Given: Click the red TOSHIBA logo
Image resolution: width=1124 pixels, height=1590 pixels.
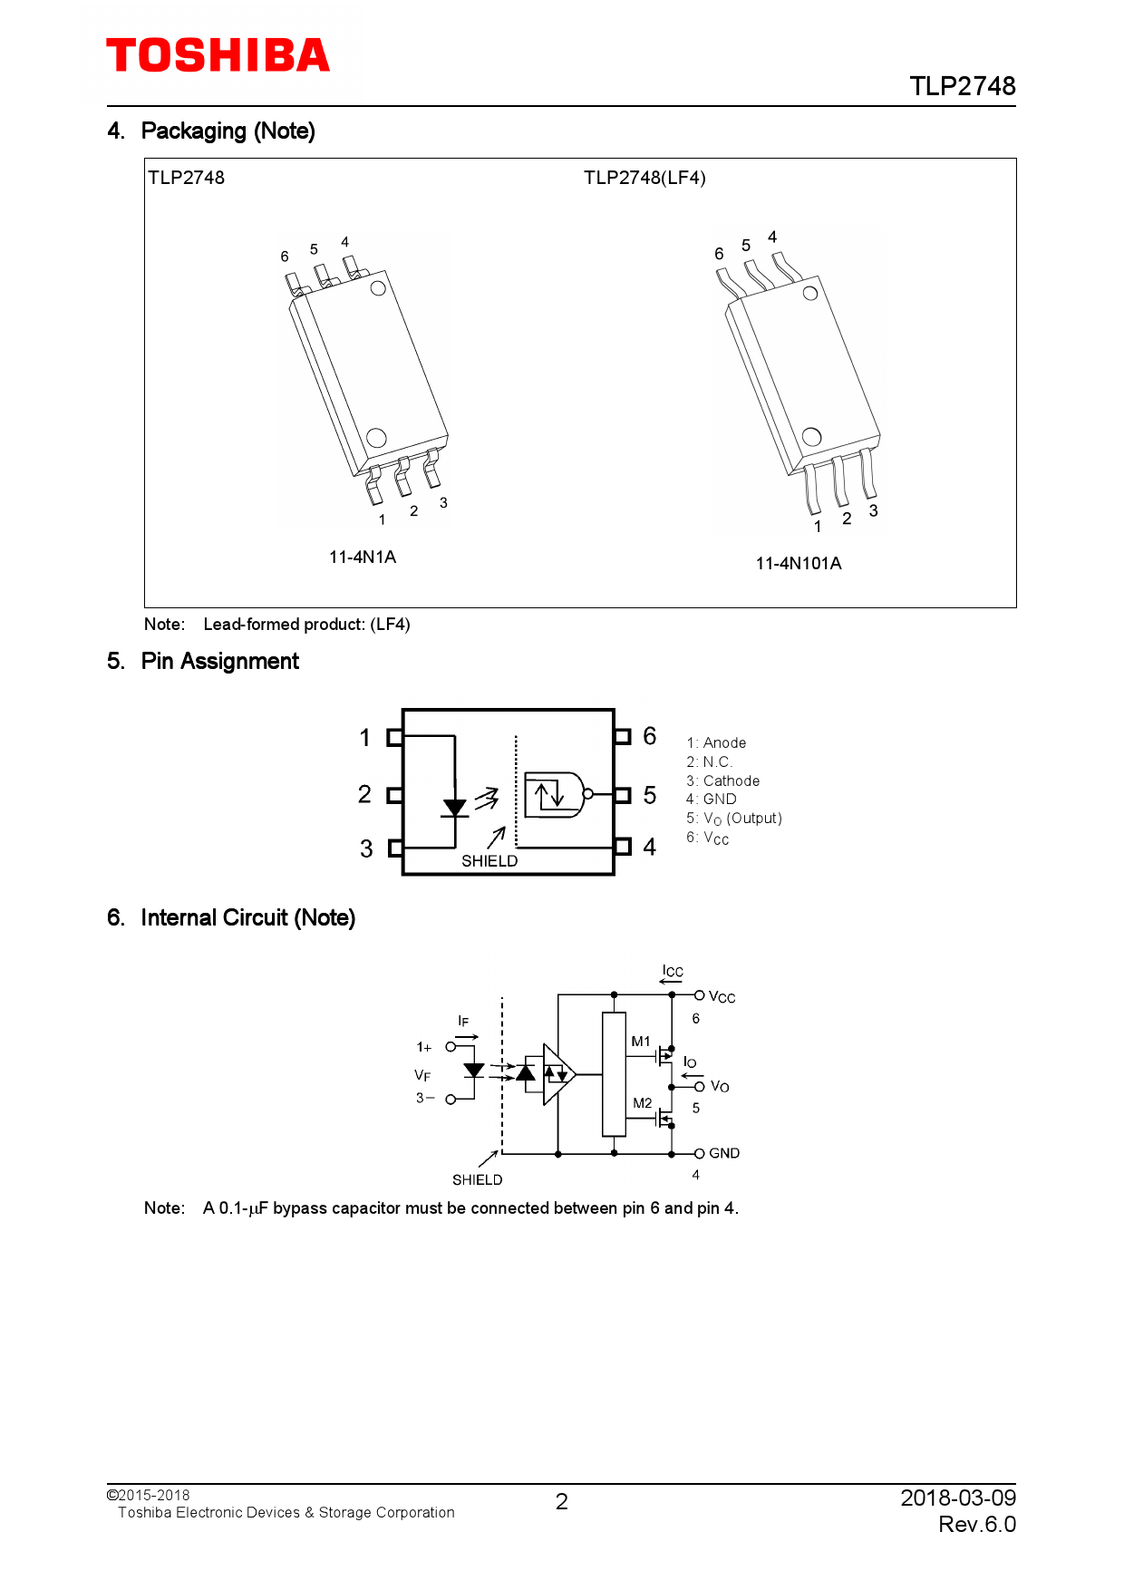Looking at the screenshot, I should (x=218, y=56).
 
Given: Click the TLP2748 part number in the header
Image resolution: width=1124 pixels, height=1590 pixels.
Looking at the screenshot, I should (x=962, y=86).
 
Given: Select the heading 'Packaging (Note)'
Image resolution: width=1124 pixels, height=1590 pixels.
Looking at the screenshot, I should (x=228, y=131).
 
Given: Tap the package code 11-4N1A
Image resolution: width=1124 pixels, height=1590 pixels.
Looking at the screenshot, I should (x=362, y=557).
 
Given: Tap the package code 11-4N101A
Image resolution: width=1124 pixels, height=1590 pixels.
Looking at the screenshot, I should (x=798, y=563).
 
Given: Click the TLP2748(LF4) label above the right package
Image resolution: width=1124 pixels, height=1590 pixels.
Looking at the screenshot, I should (x=644, y=178).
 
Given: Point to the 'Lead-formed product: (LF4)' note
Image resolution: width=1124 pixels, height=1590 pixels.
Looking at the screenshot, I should (x=306, y=624).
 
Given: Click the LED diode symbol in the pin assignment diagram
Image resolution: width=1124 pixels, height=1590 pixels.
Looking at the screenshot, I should (x=454, y=807).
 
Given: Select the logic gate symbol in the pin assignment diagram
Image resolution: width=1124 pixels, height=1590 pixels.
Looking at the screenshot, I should (x=554, y=795).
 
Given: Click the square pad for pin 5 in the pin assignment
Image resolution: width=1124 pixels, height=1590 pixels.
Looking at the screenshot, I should (x=623, y=795).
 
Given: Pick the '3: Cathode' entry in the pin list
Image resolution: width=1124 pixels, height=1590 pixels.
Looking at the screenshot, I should (x=722, y=780).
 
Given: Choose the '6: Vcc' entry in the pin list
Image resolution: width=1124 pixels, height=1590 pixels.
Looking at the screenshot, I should (x=707, y=838).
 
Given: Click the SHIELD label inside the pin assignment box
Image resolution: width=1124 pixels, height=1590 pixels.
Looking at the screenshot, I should (x=489, y=860).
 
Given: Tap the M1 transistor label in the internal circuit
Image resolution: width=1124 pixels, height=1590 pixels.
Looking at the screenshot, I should (x=641, y=1042).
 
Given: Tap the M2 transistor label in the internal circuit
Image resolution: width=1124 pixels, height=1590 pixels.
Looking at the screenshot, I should (x=642, y=1103).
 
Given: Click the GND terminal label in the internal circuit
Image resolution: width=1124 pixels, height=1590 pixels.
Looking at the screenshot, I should (x=723, y=1153).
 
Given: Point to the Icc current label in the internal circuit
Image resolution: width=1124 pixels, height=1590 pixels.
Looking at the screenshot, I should (x=673, y=971).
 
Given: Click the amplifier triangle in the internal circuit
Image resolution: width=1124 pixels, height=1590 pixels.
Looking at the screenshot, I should (x=558, y=1075).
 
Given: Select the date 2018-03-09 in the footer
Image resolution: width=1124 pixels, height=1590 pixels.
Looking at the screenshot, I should (x=957, y=1498).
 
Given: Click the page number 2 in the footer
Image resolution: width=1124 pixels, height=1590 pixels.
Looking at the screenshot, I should (x=562, y=1502).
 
